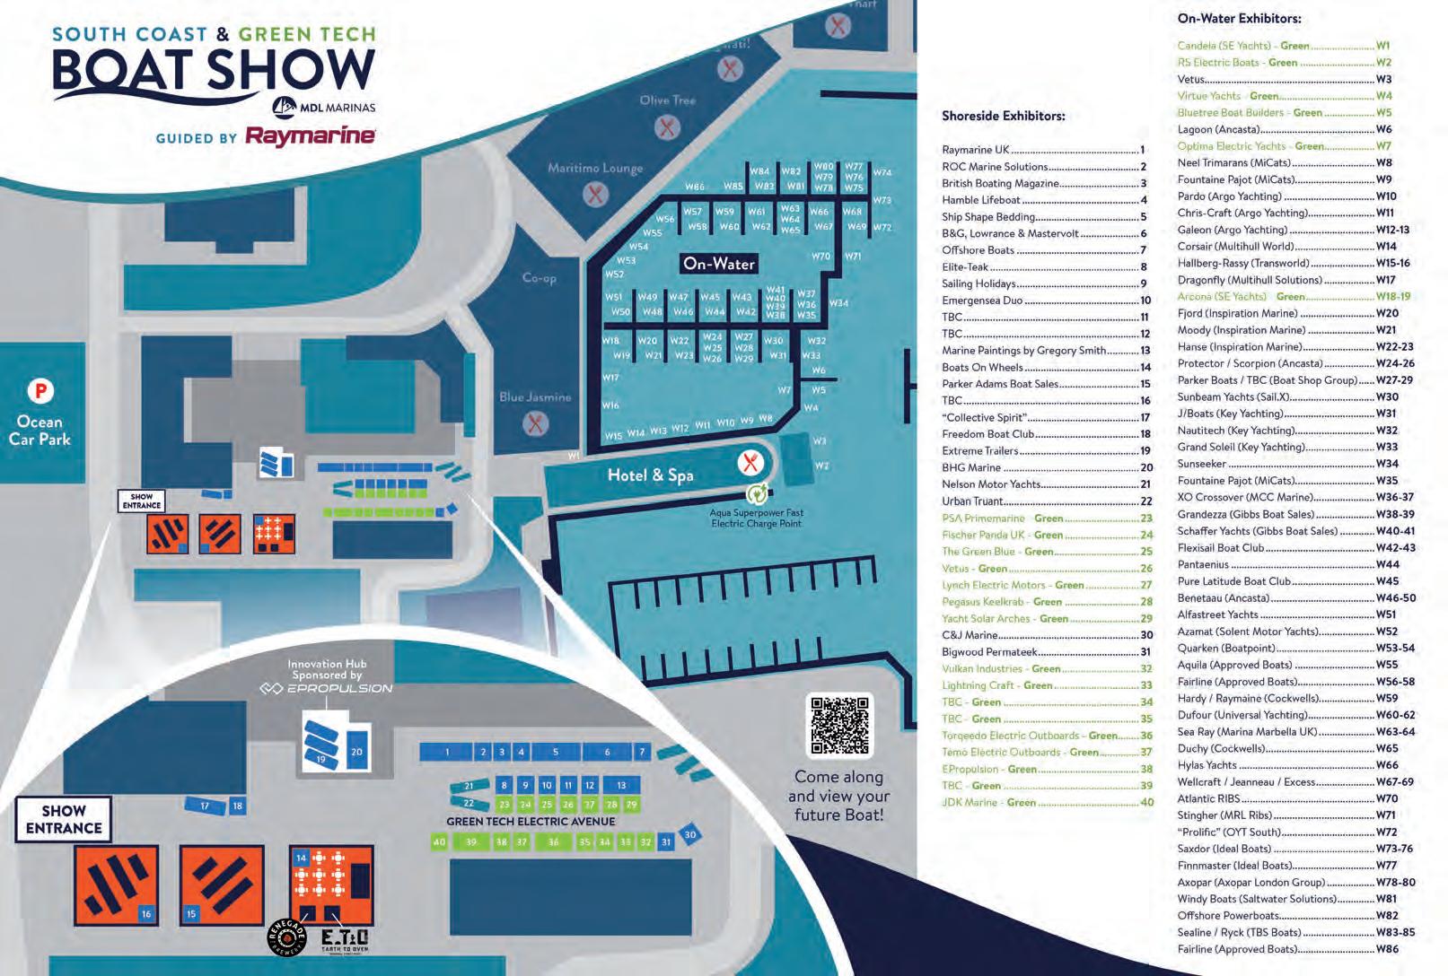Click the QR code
(840, 725)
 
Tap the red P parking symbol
(39, 391)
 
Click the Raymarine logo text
(310, 136)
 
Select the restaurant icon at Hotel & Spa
(750, 463)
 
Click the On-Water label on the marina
(718, 264)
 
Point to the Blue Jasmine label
(535, 396)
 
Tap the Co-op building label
(539, 278)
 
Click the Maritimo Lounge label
(595, 168)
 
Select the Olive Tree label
(667, 100)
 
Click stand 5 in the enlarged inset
(555, 752)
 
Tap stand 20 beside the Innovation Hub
(356, 752)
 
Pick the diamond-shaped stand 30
(689, 834)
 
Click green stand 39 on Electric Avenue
(470, 842)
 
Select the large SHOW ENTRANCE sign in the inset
(64, 819)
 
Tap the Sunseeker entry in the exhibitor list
(1201, 464)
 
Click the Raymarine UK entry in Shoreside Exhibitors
(976, 150)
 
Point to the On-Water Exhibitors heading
(1239, 18)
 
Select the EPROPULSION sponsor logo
(326, 688)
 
